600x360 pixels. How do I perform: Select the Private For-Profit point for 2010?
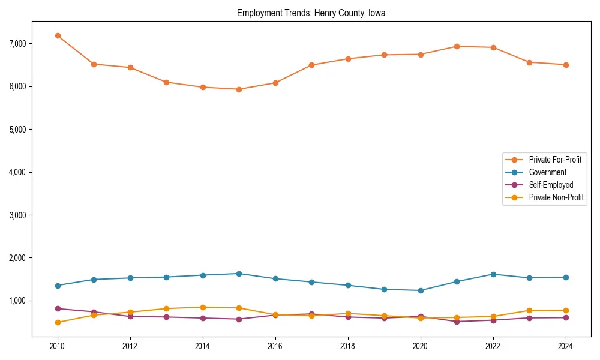click(58, 36)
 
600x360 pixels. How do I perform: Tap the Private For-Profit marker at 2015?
click(239, 89)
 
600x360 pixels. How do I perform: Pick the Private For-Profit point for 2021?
click(457, 46)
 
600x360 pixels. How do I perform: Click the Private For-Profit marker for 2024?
click(565, 65)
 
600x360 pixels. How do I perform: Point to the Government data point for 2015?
click(239, 274)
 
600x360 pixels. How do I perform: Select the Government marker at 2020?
click(421, 290)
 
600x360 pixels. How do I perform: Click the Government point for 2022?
click(493, 274)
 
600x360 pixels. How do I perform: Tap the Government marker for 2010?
click(58, 286)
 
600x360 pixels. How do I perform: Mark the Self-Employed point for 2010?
click(58, 308)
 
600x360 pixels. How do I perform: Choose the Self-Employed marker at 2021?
click(457, 322)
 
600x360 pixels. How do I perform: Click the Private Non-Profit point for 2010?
click(58, 323)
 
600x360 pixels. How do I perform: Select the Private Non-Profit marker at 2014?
click(203, 307)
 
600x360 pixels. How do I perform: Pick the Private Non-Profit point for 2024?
click(565, 310)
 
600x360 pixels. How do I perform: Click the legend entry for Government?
click(547, 172)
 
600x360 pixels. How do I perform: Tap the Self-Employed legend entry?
click(551, 185)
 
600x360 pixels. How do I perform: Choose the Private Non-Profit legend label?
click(556, 197)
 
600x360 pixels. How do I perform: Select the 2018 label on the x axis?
click(347, 346)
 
